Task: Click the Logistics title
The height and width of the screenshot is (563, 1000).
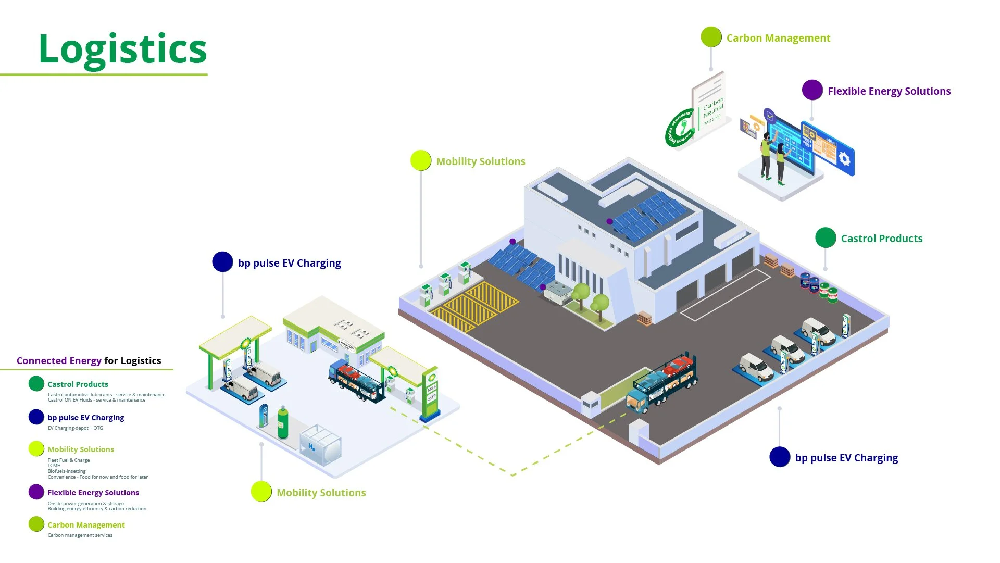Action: coord(123,49)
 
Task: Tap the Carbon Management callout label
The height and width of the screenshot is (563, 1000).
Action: coord(778,38)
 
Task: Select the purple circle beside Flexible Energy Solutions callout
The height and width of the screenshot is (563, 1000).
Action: coord(812,90)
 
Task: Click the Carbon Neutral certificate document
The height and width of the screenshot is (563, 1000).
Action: coord(709,105)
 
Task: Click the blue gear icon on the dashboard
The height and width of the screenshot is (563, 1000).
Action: coord(844,158)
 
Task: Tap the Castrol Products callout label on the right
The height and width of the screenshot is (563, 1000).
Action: coord(881,239)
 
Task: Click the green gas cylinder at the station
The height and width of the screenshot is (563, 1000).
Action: coord(283,422)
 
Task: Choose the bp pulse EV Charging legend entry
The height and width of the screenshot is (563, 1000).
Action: coord(85,418)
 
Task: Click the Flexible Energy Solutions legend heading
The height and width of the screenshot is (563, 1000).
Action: coord(93,493)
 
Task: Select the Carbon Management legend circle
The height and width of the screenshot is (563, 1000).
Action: coord(36,524)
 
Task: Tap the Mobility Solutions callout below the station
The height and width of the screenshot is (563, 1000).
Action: coord(321,493)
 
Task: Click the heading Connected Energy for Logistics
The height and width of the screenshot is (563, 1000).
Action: coord(89,361)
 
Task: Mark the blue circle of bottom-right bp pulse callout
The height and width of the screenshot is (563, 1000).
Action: coord(780,457)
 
